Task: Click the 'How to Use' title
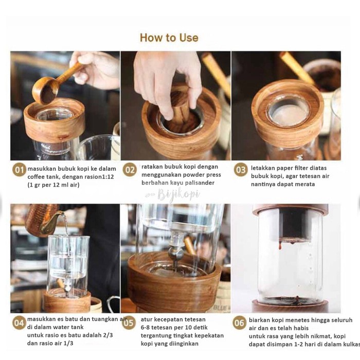(x=169, y=38)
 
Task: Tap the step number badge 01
(x=19, y=170)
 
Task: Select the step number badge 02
(x=130, y=170)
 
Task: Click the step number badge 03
(x=241, y=170)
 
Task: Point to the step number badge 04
(x=19, y=323)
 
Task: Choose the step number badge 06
(x=239, y=322)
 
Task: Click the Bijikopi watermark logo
(x=173, y=195)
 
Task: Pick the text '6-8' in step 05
(x=146, y=327)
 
